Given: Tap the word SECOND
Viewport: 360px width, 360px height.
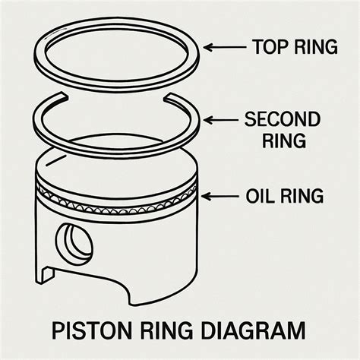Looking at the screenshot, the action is (x=283, y=119).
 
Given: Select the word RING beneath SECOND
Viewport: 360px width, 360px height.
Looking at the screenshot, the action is (x=284, y=141).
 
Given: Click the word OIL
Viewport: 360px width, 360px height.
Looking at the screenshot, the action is (x=259, y=196).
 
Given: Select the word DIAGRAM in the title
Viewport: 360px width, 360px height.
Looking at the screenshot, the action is (x=253, y=330).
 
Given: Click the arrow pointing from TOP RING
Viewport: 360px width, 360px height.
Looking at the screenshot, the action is (x=225, y=47).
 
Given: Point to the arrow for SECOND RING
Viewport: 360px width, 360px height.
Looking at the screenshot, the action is (x=220, y=120).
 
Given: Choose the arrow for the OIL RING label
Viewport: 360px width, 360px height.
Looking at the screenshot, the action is (x=219, y=196).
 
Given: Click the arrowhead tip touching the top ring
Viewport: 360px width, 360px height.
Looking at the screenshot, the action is (x=204, y=47).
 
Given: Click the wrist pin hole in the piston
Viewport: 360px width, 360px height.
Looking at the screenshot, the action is (x=74, y=245).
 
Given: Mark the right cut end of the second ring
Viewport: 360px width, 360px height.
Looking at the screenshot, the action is (x=168, y=97).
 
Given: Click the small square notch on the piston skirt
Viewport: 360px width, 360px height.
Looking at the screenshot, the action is (x=47, y=274).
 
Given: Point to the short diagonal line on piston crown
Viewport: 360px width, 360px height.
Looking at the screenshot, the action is (x=55, y=160).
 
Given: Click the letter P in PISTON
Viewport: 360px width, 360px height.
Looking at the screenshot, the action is (x=58, y=330).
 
